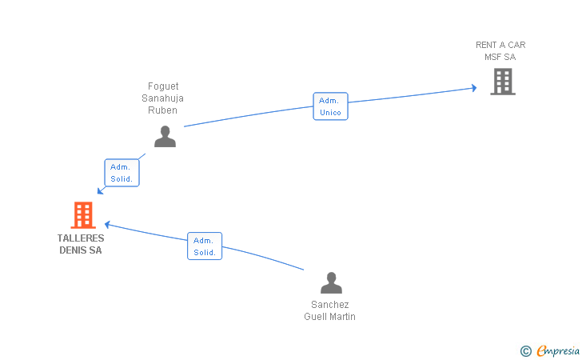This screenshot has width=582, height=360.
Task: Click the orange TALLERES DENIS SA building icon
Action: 83,214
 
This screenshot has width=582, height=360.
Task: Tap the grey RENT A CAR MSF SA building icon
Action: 503,82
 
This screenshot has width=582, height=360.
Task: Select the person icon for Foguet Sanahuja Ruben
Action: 165,136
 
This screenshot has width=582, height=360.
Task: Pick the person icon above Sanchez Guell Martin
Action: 332,282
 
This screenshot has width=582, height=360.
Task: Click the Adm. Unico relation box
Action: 330,106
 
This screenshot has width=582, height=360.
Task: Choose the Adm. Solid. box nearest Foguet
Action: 122,173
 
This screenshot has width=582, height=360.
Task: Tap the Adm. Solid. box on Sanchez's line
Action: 205,246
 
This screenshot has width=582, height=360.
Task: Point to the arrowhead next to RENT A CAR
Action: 474,88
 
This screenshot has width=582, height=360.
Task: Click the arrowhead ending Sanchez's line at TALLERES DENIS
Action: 108,224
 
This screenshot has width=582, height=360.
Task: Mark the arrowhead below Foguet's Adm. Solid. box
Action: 100,191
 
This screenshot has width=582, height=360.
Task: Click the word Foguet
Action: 163,86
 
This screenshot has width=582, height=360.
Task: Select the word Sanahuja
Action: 162,98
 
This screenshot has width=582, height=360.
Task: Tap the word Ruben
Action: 162,110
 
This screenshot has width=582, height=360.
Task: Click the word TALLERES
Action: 81,238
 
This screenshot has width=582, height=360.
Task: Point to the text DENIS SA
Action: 81,250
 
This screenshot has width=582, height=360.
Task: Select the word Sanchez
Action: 330,305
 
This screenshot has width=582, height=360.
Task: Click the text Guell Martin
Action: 329,317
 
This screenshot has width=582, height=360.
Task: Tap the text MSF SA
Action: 500,57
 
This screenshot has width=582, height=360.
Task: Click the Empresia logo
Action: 558,350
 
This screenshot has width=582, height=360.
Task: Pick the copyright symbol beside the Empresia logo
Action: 526,351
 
